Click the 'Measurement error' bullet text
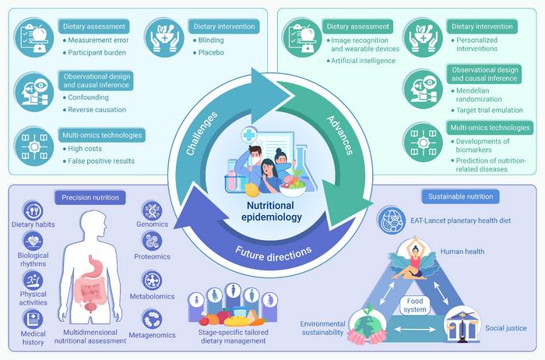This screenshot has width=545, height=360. (x=98, y=40)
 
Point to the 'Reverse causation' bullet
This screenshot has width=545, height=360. (x=97, y=109)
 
